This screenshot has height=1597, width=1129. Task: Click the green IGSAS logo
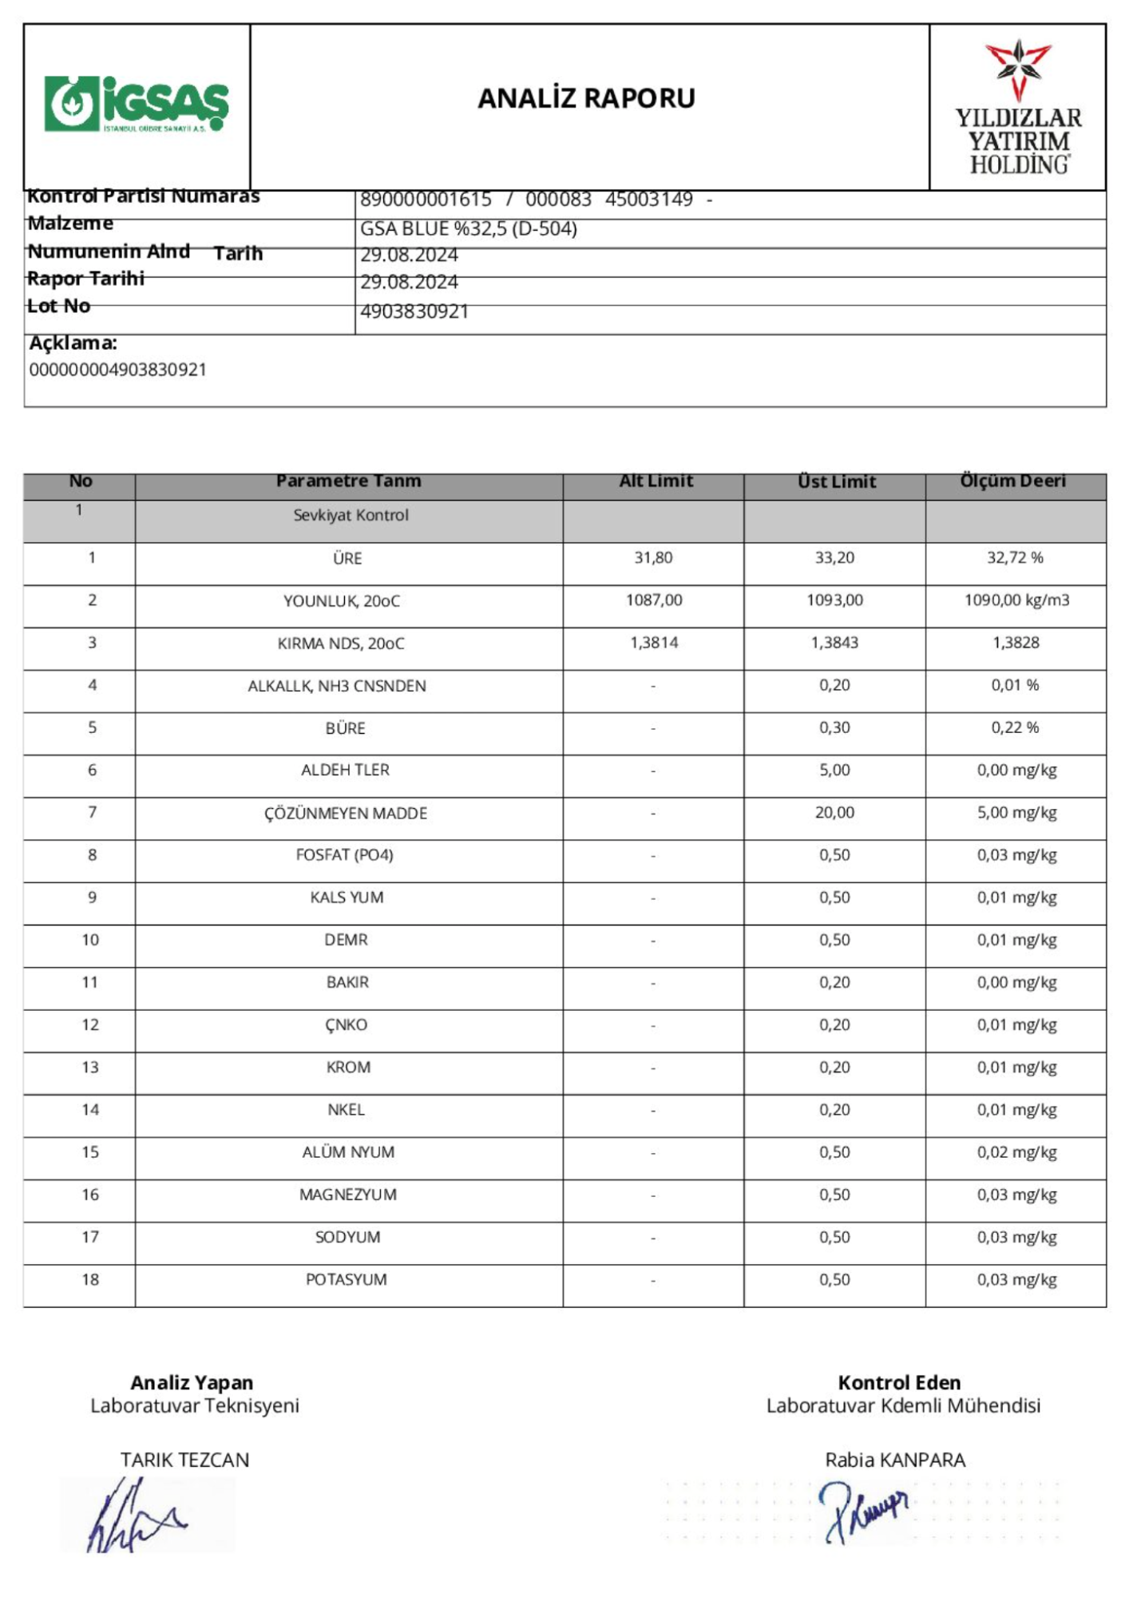click(137, 104)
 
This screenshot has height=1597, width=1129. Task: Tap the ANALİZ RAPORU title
click(586, 98)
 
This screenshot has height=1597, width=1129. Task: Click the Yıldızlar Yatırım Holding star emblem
click(1018, 69)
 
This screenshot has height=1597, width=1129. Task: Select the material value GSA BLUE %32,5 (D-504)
click(468, 229)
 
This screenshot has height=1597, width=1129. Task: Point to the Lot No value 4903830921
click(414, 311)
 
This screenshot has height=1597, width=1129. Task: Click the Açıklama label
click(73, 343)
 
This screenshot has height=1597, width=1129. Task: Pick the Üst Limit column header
click(836, 481)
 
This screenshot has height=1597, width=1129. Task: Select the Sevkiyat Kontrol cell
click(351, 516)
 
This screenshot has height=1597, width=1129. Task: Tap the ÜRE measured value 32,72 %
click(1015, 557)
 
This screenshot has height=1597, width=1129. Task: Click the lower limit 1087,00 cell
click(654, 600)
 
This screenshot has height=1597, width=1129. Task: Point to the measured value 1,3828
click(1016, 643)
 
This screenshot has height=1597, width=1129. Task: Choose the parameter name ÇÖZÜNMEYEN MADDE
click(346, 813)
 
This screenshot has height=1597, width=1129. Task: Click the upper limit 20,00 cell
click(834, 813)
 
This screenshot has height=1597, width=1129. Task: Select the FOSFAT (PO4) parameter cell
click(344, 855)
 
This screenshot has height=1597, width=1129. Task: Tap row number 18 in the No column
click(90, 1280)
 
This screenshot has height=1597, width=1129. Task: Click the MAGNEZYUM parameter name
click(347, 1195)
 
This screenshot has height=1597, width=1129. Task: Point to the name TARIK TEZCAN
click(184, 1460)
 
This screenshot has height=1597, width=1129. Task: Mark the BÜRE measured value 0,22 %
click(1015, 727)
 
